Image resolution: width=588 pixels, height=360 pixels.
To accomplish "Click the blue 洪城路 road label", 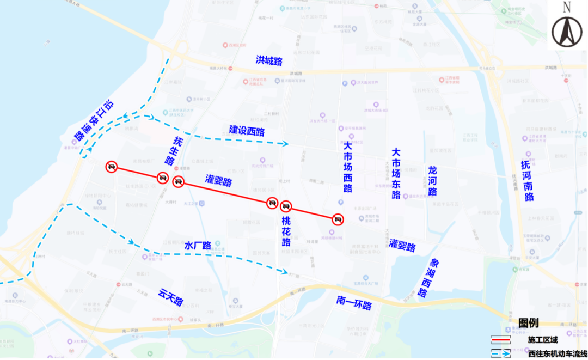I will pos(269,60).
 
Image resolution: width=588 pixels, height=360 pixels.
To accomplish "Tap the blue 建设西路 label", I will pos(247,131).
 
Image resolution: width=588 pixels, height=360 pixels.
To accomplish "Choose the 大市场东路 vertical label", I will pos(396,173).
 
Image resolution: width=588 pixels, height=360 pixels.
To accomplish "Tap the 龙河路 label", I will pos(433,181).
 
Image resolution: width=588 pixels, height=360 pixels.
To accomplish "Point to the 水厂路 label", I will pos(198,246).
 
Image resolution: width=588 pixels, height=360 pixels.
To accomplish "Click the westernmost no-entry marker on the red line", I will pos(111,167).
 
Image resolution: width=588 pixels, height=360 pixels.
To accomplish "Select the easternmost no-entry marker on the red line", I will pos(338,219).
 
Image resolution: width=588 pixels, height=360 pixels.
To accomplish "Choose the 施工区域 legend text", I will pos(543,340).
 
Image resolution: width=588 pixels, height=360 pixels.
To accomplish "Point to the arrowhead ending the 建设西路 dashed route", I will pos(285,144).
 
